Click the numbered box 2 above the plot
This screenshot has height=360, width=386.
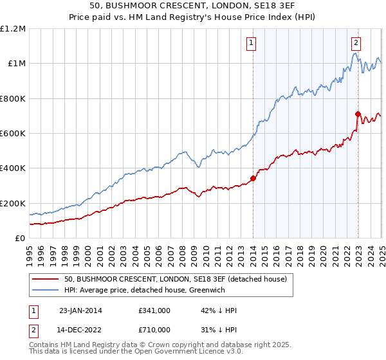coord(356,44)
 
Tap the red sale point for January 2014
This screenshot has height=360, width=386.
coord(253,179)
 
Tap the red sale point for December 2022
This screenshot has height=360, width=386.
coord(358,114)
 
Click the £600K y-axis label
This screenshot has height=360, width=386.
coord(13,134)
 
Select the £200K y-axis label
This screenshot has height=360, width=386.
coord(13,203)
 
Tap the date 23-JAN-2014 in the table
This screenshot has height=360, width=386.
coord(80,310)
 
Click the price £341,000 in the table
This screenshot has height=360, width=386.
coord(154,310)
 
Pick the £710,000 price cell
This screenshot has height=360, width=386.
coord(154,331)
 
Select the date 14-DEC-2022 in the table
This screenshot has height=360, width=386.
coord(80,331)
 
